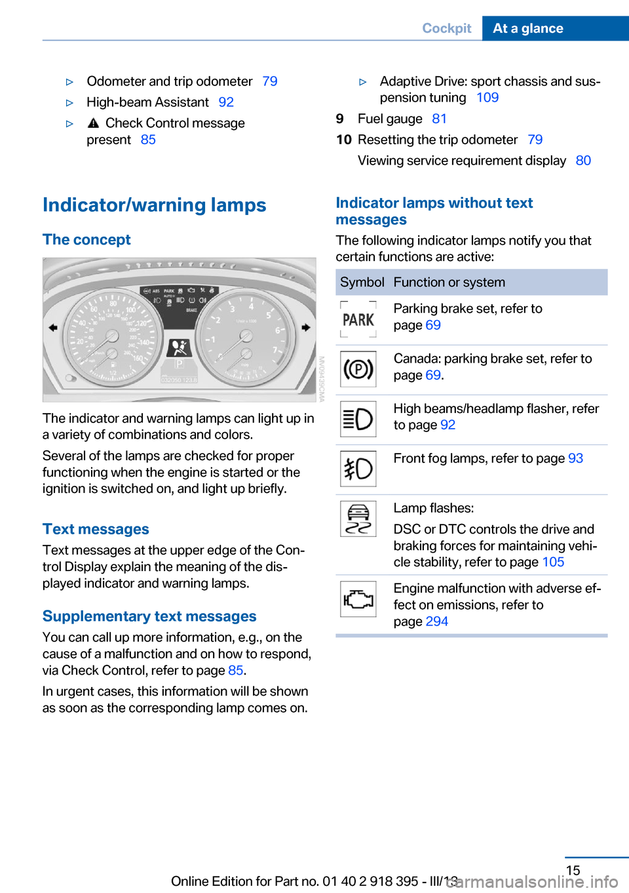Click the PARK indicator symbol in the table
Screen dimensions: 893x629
point(358,319)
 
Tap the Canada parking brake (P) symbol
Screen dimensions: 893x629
point(358,369)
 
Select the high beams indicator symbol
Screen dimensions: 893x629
point(358,419)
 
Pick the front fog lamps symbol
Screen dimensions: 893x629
point(358,469)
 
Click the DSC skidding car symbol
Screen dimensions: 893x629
point(358,519)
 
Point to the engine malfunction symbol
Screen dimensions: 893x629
point(358,599)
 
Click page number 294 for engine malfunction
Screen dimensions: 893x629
point(437,622)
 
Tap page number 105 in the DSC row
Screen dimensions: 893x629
point(553,562)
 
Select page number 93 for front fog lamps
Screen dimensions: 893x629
point(575,458)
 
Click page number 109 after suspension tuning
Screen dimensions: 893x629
point(487,98)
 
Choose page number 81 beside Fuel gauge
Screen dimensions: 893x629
point(439,119)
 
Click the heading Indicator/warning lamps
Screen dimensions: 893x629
point(155,205)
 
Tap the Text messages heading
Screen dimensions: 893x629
point(96,529)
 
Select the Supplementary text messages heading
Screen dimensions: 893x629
point(149,616)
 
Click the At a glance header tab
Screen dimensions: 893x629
point(528,28)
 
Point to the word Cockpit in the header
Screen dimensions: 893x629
point(447,28)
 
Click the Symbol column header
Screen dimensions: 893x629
point(362,283)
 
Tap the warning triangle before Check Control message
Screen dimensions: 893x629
point(93,123)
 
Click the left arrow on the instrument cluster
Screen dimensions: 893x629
point(53,327)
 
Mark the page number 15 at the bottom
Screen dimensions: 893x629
point(573,870)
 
